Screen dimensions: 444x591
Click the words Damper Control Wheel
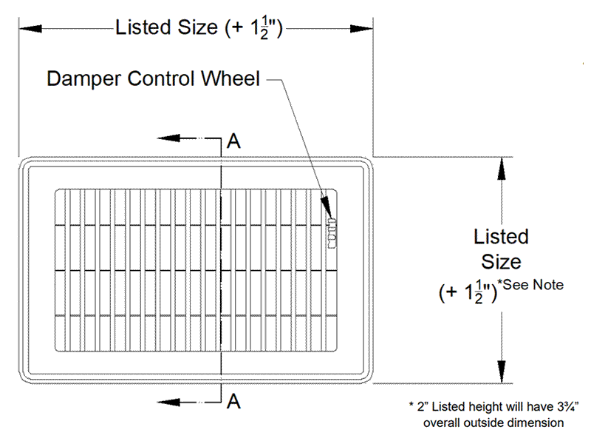tap(153, 78)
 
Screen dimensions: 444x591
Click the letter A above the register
tap(233, 142)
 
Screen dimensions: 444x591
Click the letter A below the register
tap(233, 401)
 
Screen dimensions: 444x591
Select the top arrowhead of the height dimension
tap(502, 166)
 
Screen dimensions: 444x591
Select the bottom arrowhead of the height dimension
tap(502, 373)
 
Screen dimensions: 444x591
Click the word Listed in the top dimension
tap(140, 29)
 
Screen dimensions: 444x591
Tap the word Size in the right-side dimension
tap(502, 261)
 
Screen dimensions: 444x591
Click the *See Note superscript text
tap(530, 283)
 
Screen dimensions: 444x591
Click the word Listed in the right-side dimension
tap(502, 237)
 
